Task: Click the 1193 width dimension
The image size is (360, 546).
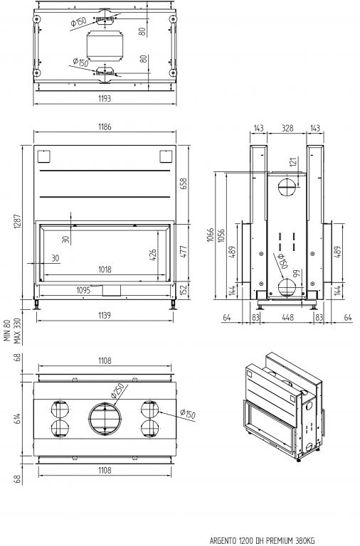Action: (x=105, y=99)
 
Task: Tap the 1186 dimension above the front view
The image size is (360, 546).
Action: (x=105, y=127)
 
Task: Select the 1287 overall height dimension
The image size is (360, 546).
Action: (x=17, y=222)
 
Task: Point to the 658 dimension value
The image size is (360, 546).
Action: (x=184, y=183)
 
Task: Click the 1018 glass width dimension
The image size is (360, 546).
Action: (x=105, y=269)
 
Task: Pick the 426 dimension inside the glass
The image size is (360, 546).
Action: (x=153, y=255)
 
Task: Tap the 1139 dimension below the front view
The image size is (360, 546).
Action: (x=104, y=315)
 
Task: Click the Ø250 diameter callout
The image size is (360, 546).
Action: (x=117, y=391)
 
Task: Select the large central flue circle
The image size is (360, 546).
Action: (x=105, y=419)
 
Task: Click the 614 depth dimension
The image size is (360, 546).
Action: (x=17, y=418)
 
